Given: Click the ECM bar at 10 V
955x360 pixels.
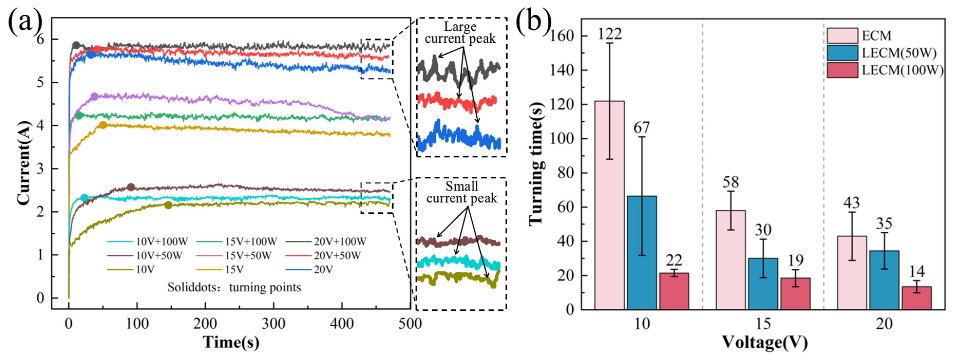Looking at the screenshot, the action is point(610,205).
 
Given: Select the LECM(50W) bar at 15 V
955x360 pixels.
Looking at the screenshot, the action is point(763,284).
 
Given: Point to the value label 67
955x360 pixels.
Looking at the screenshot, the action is point(642,128).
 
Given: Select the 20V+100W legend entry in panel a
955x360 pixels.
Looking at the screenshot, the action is point(326,241).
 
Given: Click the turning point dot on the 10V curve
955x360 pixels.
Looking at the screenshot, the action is point(168,205).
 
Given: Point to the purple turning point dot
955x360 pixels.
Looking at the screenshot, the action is point(94,96).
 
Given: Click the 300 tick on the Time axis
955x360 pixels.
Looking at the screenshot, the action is point(274,324).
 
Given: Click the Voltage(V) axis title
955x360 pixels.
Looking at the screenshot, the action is point(765,343).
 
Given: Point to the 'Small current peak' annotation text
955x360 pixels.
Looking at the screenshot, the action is point(461,192).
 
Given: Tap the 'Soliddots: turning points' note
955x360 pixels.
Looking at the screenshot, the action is point(234,287).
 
